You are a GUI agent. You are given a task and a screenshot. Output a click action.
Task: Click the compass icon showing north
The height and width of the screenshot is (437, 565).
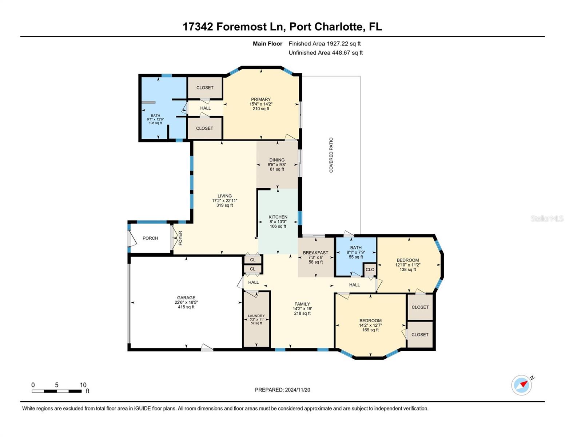coord(521,385)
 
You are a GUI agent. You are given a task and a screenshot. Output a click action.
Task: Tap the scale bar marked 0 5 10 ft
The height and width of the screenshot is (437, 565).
coord(57,391)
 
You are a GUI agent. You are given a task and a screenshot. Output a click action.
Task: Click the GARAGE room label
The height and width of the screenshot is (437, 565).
coord(186,298)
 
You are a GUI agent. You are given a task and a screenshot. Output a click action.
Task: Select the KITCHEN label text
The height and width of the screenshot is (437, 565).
coord(278,217)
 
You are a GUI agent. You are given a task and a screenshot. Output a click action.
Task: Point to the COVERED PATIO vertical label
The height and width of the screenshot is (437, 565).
coord(331,155)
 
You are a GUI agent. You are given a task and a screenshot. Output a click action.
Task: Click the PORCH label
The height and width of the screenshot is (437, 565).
coord(150,238)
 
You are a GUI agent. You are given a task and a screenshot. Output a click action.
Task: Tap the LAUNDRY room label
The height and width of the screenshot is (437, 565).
coord(256,316)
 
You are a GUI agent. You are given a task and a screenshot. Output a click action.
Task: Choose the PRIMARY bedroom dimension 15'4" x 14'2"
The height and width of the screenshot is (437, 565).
coord(261,104)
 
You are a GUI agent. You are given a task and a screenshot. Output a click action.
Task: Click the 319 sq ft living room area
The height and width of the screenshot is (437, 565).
coord(224,205)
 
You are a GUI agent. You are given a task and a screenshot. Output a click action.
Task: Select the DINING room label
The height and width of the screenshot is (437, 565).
coord(277,160)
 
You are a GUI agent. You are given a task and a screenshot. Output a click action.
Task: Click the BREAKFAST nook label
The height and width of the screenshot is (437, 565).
coord(315,253)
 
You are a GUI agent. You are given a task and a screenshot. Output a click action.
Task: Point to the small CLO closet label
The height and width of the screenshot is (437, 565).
coord(370,269)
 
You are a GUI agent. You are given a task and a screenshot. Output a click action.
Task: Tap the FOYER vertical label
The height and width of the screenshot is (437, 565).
coord(180,238)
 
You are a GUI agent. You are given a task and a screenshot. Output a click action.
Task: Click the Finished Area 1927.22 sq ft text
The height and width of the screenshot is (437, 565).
coord(325,44)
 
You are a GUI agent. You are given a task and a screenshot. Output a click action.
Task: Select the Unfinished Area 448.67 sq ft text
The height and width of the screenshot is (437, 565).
coord(326,53)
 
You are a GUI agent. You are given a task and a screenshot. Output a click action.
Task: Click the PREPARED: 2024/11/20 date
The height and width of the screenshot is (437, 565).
coord(282,390)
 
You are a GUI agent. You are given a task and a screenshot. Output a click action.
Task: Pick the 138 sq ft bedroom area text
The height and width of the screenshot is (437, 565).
coord(407,270)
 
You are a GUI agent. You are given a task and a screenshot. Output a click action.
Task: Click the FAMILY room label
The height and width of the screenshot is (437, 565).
coord(302,304)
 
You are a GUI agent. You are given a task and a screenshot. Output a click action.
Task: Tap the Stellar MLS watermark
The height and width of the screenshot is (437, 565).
coord(547,219)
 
